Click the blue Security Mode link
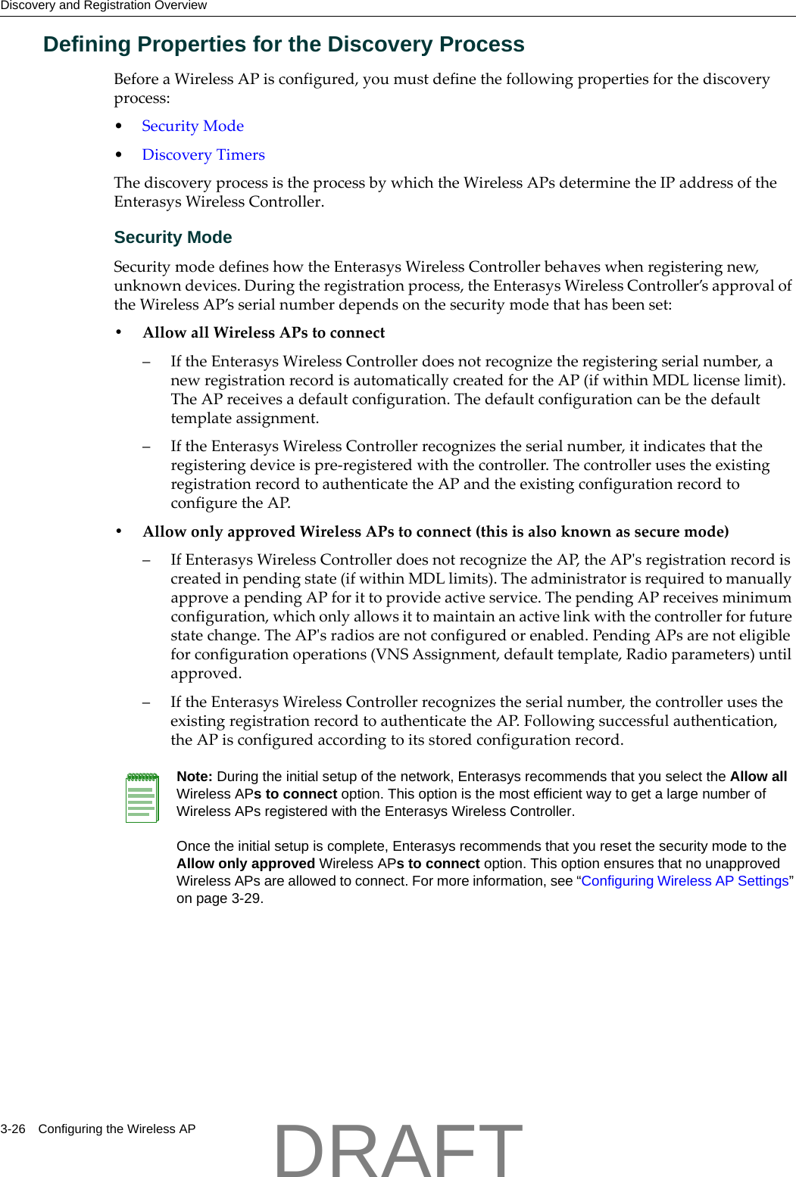tap(192, 126)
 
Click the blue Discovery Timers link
tap(203, 155)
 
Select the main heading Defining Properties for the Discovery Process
tap(283, 45)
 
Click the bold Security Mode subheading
tap(173, 238)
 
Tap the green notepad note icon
tap(142, 797)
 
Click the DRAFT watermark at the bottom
tap(398, 1150)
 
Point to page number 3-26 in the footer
tap(13, 1129)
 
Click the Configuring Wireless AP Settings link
tap(685, 881)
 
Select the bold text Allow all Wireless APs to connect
tap(264, 333)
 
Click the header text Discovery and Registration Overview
tap(104, 6)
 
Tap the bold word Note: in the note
tap(195, 777)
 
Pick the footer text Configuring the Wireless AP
tap(117, 1129)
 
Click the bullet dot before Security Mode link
tap(119, 126)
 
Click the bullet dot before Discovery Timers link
tap(119, 155)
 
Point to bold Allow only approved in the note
tap(245, 864)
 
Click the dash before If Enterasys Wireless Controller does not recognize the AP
tap(147, 560)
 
